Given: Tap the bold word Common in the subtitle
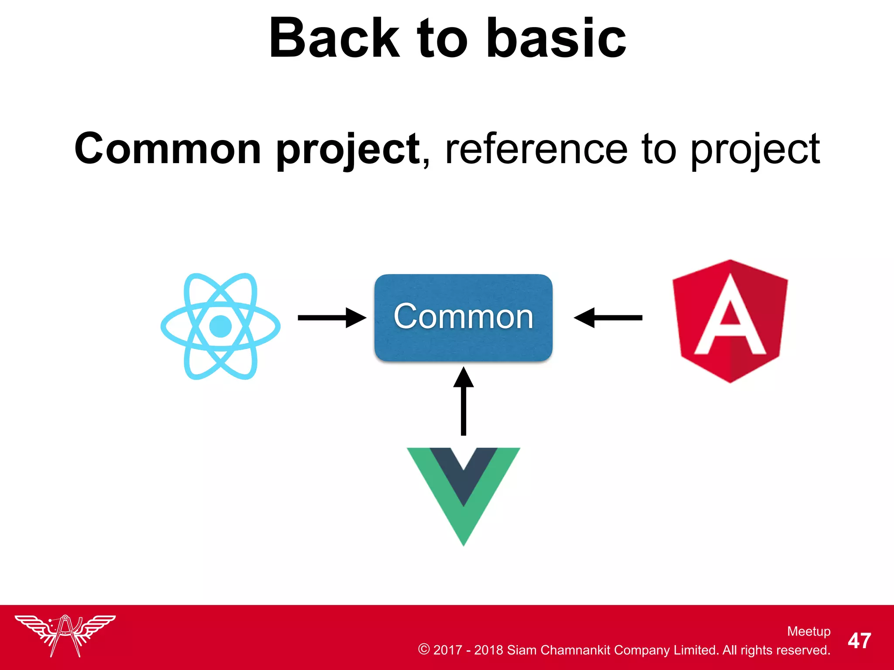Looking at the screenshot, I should (168, 149).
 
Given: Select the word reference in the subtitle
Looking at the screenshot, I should (536, 150).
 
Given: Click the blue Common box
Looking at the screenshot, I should (463, 317).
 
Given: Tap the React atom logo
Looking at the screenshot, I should (220, 326).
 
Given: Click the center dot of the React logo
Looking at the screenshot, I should (220, 326).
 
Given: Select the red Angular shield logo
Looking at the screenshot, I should (730, 321).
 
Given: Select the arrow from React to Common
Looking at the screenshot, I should (332, 318).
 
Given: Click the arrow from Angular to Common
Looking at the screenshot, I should (608, 318).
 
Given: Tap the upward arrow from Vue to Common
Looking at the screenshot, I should (463, 401).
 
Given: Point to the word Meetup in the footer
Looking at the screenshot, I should (808, 631).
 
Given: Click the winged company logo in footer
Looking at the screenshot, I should (65, 635).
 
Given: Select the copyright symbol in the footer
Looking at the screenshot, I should (423, 649).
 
